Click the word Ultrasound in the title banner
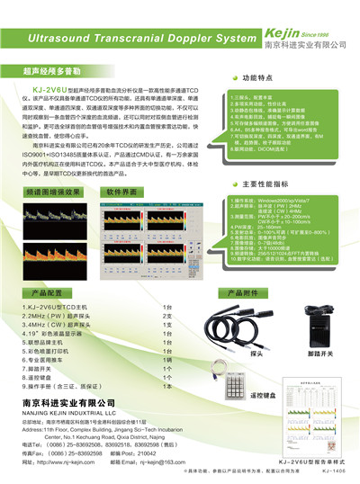(67, 40)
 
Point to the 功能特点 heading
(261, 78)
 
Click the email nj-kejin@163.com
(166, 462)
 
